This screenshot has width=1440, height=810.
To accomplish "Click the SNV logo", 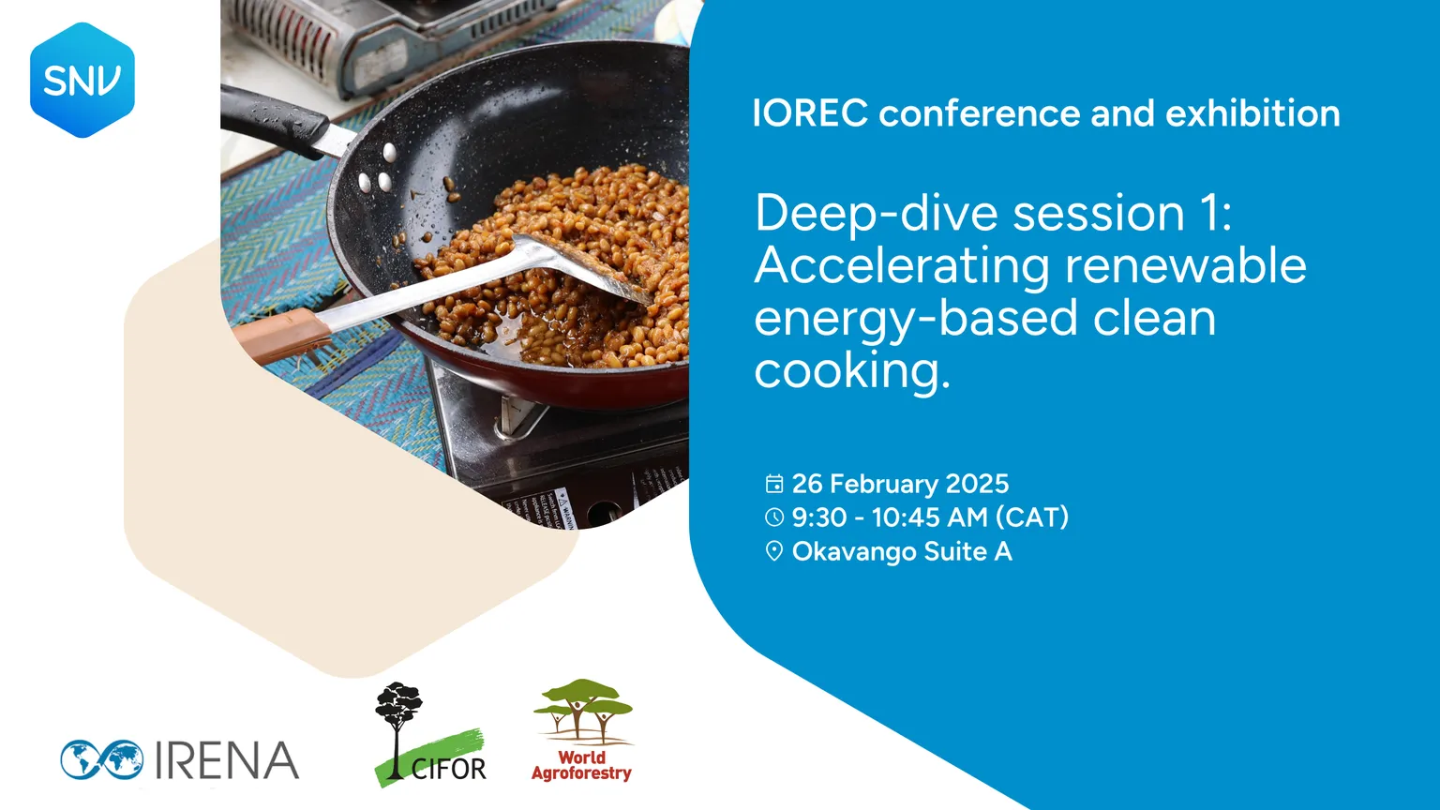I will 82,81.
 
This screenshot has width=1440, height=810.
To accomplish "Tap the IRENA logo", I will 180,759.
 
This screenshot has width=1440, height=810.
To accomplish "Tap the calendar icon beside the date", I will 774,484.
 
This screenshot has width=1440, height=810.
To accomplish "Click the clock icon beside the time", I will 774,517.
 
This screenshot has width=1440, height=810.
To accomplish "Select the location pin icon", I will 774,551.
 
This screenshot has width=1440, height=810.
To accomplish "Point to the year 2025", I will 977,484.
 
